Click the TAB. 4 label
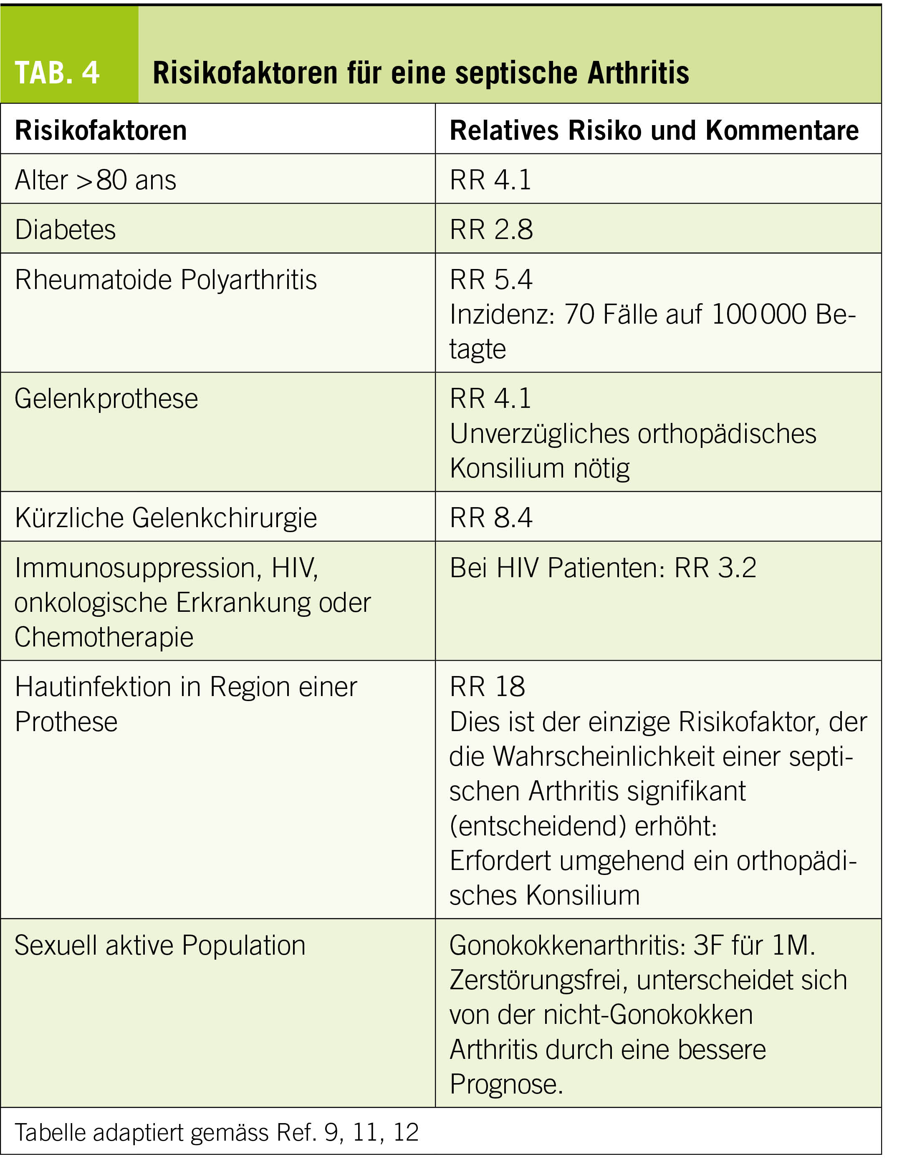click(57, 73)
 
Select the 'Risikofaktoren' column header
click(101, 131)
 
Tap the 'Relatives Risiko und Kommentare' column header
click(654, 131)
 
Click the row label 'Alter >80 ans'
click(95, 180)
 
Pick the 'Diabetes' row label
click(66, 230)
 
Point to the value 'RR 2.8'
click(491, 230)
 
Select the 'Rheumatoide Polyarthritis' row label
click(166, 279)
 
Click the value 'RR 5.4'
click(491, 279)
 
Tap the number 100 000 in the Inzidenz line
click(758, 314)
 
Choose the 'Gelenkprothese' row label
click(106, 399)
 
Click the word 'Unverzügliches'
click(539, 434)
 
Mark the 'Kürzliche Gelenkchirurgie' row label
click(166, 518)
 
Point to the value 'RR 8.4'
click(491, 518)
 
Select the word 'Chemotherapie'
click(104, 637)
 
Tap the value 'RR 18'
click(488, 687)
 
